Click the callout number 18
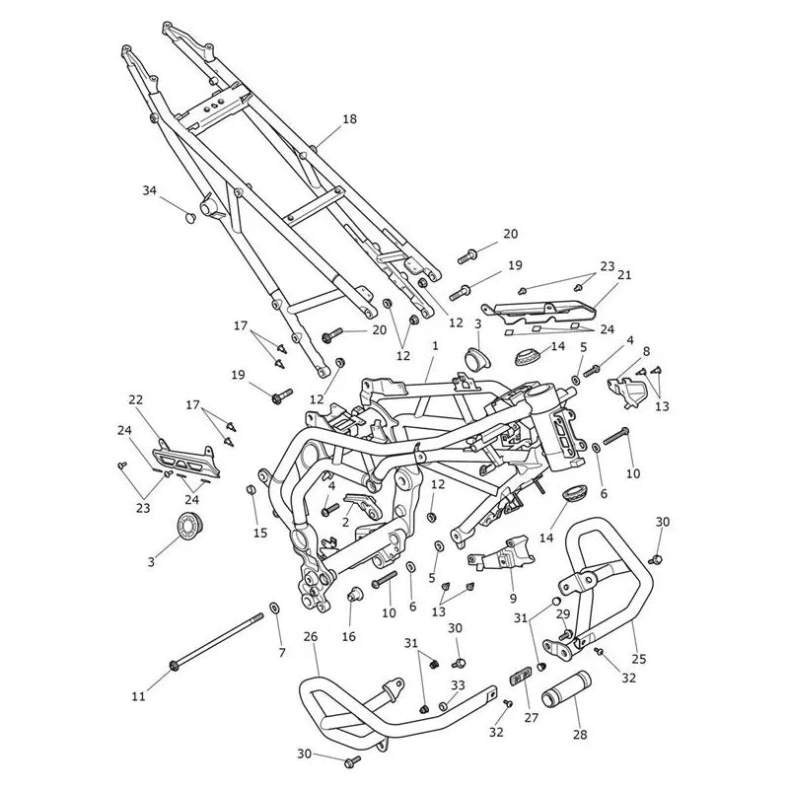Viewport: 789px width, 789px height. (x=349, y=119)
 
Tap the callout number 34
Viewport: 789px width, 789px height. (x=150, y=190)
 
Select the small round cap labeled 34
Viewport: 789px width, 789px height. (x=190, y=217)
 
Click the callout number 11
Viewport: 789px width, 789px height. (x=138, y=696)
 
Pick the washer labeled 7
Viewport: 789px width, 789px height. (x=275, y=609)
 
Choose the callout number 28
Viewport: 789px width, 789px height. (x=580, y=735)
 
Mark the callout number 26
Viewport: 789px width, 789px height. (x=311, y=636)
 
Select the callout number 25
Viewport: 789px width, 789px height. (x=639, y=659)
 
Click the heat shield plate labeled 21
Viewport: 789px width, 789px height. (x=538, y=313)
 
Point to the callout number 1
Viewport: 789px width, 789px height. (x=435, y=346)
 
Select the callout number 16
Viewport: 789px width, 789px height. (x=349, y=636)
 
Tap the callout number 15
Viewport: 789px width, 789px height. (x=260, y=533)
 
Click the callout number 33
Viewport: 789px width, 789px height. (x=458, y=685)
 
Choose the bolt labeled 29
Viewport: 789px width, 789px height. (x=564, y=635)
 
